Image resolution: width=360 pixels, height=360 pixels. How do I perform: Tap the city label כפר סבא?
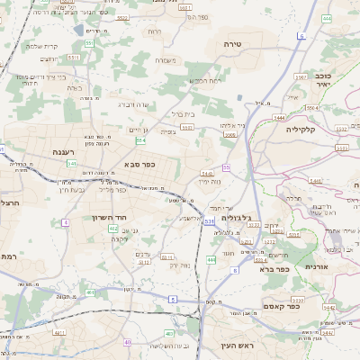pos(143,165)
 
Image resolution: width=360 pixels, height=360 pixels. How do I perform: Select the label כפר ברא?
pos(273,268)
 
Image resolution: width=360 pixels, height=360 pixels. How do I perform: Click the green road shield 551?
pos(89,43)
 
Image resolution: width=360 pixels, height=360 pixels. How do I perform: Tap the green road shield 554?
pos(140,140)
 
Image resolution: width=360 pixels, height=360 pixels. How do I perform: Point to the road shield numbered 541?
pos(71,164)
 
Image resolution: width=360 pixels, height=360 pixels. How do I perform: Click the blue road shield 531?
pos(209,220)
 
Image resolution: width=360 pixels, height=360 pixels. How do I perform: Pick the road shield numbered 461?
pos(91,292)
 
